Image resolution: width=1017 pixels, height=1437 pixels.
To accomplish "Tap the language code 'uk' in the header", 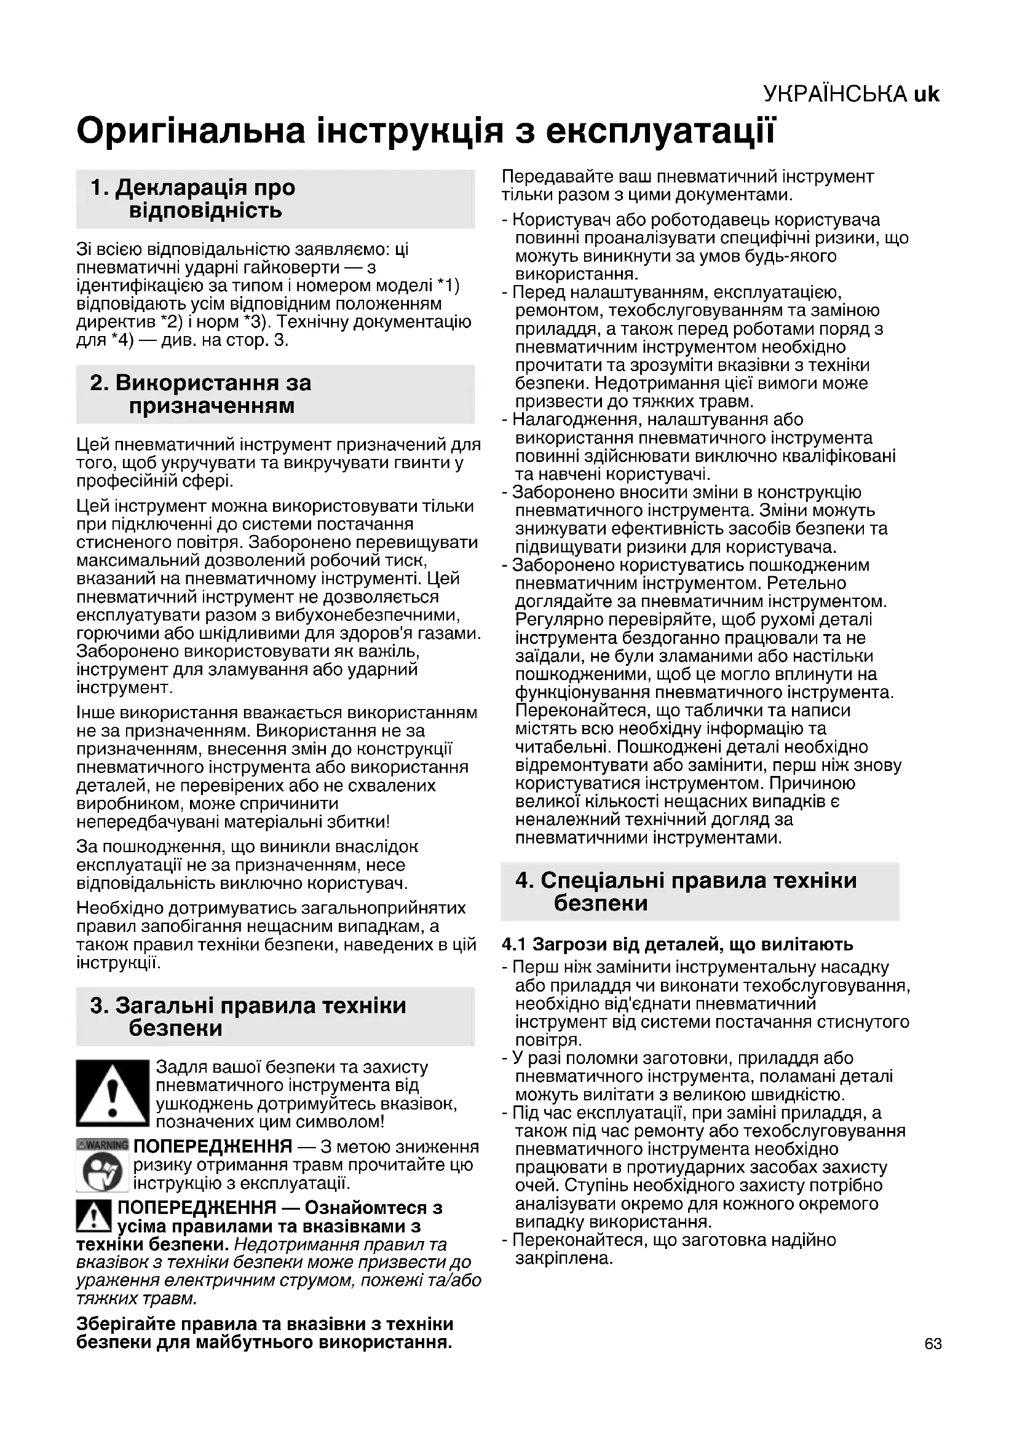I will (926, 94).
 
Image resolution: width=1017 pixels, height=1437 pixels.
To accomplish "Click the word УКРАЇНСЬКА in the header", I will (836, 94).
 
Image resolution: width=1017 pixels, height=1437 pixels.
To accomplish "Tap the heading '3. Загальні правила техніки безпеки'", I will (248, 1016).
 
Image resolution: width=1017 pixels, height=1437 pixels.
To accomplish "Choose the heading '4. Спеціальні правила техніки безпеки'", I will (686, 891).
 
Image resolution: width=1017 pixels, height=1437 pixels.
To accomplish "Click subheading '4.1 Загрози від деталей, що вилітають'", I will (678, 944).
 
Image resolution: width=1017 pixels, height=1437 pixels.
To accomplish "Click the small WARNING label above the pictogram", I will (102, 1145).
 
